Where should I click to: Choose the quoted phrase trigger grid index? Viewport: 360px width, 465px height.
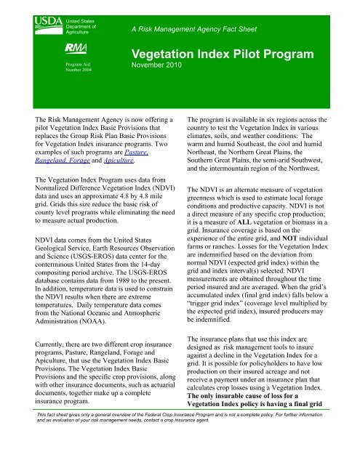(231, 347)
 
